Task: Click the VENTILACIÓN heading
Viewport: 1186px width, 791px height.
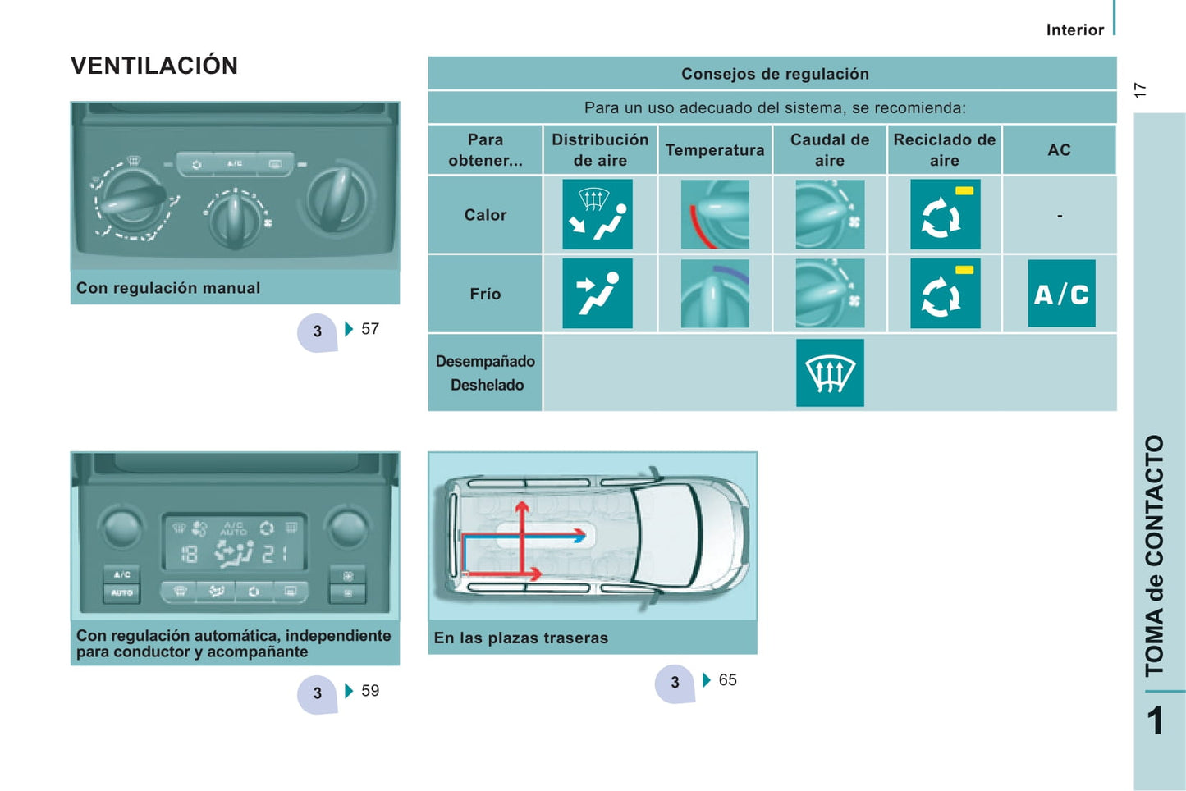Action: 154,66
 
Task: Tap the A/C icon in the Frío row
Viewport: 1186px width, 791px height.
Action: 1061,293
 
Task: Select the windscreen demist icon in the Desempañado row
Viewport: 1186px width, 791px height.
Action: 830,373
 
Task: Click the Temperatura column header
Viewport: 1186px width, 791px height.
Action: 715,150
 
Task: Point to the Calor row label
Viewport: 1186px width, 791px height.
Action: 485,214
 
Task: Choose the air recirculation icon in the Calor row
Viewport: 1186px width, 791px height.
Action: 945,214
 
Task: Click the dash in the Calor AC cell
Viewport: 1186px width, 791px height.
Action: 1060,216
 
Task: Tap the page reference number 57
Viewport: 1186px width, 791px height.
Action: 370,329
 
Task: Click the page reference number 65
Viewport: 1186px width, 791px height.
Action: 727,679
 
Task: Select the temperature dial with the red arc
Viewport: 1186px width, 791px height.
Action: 715,214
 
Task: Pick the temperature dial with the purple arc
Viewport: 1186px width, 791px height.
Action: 715,293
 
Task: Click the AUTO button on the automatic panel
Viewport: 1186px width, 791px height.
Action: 121,593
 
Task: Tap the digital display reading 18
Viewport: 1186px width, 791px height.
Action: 189,555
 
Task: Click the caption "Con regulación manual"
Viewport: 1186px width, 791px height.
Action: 167,287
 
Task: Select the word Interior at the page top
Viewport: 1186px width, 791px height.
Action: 1075,30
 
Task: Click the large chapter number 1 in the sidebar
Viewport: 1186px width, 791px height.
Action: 1156,720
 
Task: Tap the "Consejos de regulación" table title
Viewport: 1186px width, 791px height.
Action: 775,74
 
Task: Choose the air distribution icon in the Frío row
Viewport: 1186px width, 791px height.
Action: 598,293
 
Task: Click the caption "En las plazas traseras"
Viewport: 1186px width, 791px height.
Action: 520,638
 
